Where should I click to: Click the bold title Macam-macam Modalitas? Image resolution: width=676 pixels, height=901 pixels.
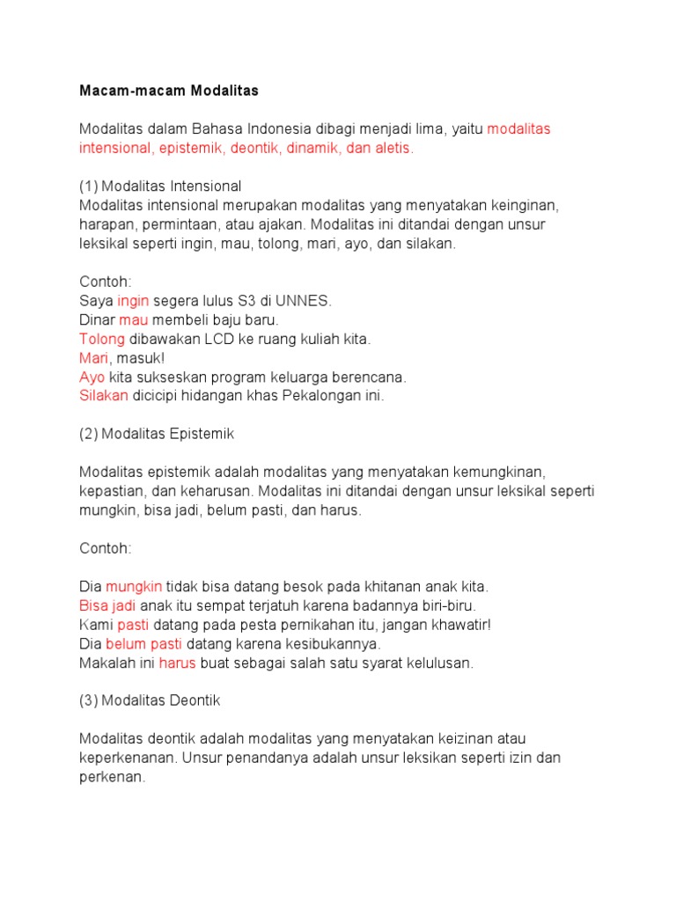(x=169, y=91)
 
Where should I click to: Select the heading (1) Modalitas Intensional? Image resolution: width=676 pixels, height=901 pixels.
(x=160, y=187)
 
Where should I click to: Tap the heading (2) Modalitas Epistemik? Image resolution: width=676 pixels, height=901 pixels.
(x=157, y=434)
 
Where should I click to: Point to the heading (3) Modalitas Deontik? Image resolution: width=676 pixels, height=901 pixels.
(x=150, y=700)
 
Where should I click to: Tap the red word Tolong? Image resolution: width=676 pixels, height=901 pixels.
(x=102, y=339)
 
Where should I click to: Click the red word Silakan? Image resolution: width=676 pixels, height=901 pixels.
(x=104, y=396)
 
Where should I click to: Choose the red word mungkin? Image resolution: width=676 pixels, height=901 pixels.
(x=134, y=586)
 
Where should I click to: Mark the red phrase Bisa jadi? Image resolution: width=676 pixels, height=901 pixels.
(x=107, y=605)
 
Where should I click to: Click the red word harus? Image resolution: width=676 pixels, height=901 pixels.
(x=177, y=663)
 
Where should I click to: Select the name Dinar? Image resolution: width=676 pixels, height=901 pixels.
(x=97, y=320)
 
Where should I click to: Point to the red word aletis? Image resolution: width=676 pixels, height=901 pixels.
(x=394, y=148)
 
